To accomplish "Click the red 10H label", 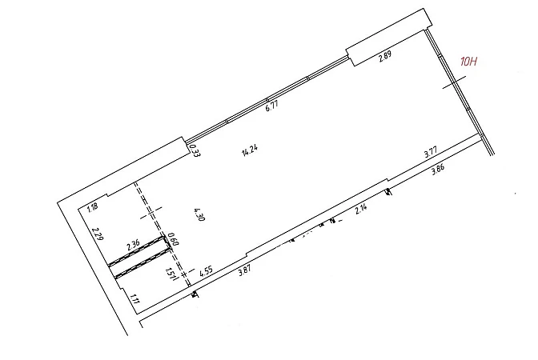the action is [468, 62].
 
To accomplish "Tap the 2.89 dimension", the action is [385, 56].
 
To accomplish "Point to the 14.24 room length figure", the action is [250, 151].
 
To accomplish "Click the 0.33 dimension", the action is [195, 150].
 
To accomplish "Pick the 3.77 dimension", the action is [431, 152].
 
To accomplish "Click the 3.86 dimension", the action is [438, 170].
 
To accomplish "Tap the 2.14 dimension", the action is [361, 209].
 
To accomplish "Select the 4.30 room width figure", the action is [199, 215].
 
